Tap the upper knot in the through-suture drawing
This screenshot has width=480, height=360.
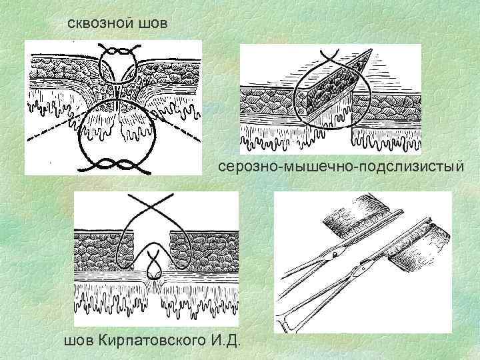pyautogui.click(x=119, y=51)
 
